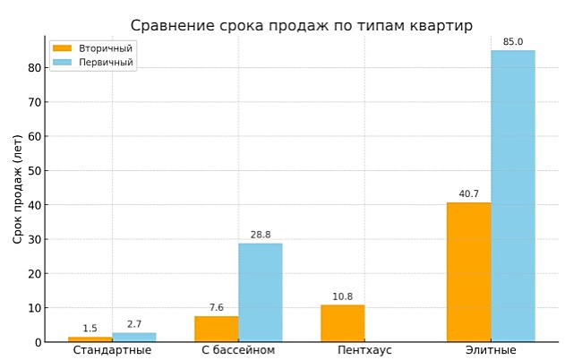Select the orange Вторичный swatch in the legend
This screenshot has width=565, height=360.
(x=62, y=48)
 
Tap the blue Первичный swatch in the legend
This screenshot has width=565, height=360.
(x=62, y=63)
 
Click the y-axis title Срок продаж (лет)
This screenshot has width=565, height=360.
(x=17, y=189)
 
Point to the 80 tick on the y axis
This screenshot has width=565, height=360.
(x=34, y=68)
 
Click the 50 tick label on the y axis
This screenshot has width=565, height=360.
(x=34, y=171)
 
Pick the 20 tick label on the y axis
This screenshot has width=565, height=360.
(x=34, y=274)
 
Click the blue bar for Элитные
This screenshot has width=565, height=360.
(x=512, y=196)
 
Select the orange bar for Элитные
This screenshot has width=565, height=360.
(x=469, y=272)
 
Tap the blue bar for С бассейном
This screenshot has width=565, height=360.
(x=260, y=293)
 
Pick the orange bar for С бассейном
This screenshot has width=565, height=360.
(x=217, y=329)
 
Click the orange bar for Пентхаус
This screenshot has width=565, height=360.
(x=343, y=323)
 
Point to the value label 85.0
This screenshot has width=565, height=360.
(x=513, y=42)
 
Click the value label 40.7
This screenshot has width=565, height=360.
(x=469, y=194)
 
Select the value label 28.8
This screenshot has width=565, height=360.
(x=261, y=235)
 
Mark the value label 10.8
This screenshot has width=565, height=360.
(x=343, y=296)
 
